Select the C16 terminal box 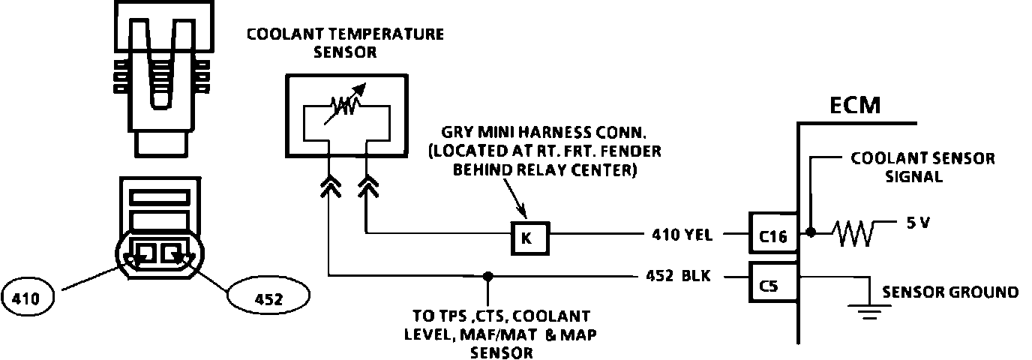point(772,235)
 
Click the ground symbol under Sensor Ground point(869,310)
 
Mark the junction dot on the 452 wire point(488,276)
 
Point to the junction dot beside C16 point(811,233)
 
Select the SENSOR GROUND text point(950,292)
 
